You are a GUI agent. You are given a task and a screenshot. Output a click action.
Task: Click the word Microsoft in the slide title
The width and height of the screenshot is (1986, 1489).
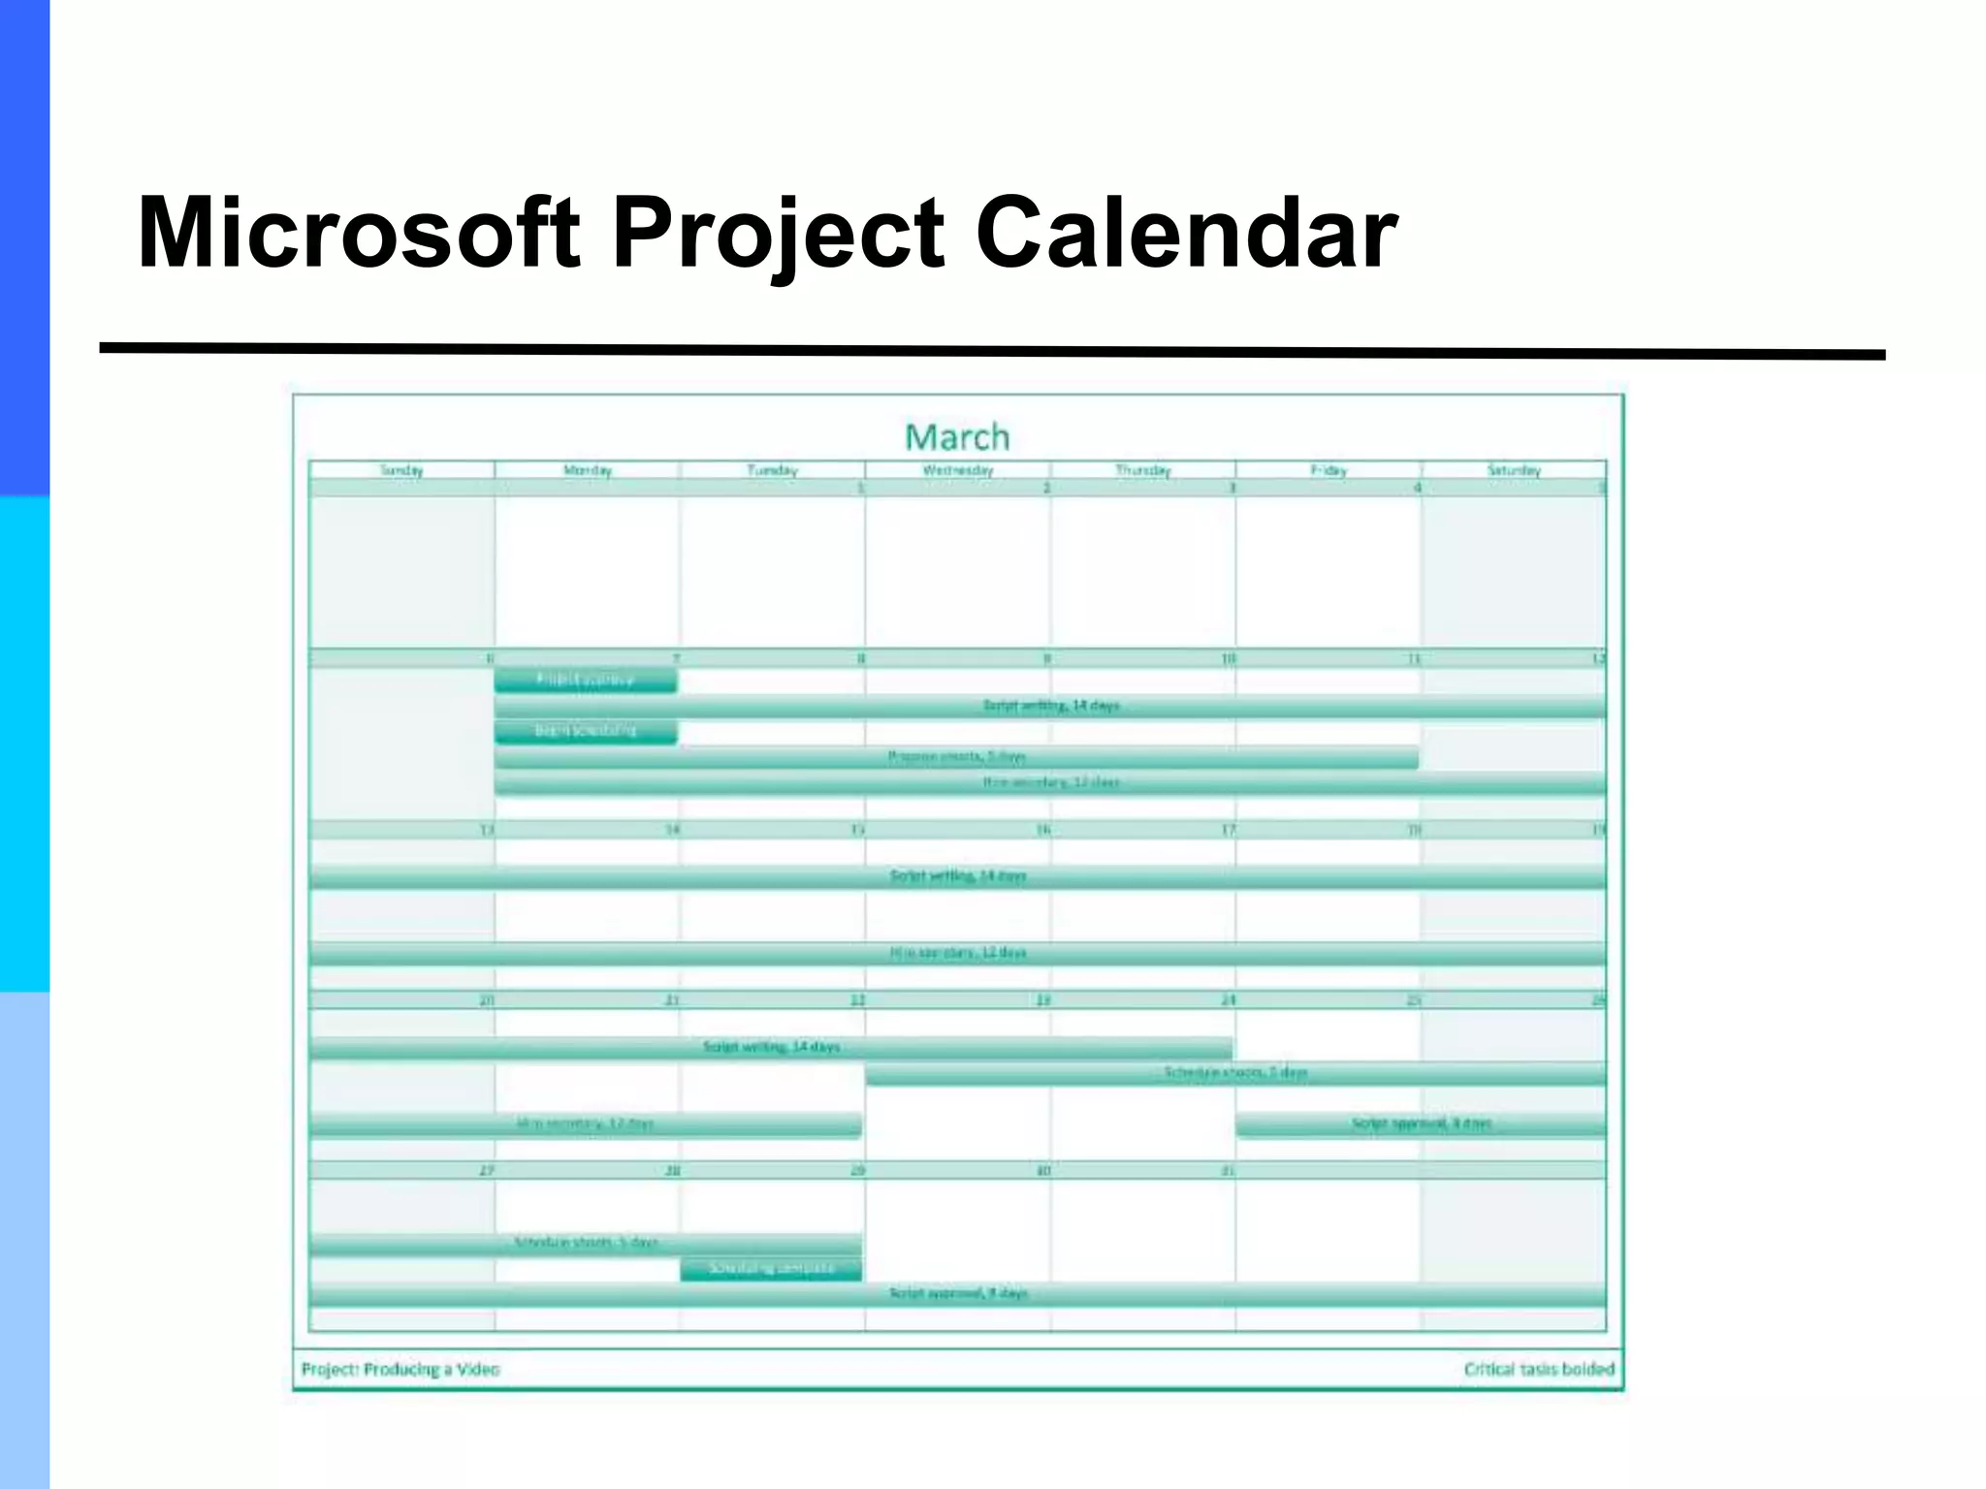tap(359, 233)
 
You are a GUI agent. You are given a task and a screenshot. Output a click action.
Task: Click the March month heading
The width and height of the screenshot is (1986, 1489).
tap(957, 437)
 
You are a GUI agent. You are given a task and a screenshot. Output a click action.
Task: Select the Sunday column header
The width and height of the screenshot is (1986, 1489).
tap(401, 470)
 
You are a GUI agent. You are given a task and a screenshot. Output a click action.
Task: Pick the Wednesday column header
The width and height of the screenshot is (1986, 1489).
tap(957, 470)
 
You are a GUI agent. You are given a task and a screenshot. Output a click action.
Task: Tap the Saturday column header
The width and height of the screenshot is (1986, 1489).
tap(1514, 470)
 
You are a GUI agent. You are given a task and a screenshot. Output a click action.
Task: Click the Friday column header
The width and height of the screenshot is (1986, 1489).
tap(1329, 470)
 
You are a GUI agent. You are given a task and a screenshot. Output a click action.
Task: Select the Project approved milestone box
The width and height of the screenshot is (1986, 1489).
tap(586, 681)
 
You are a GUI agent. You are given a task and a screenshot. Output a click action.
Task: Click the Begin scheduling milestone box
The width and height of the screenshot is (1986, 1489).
tap(586, 731)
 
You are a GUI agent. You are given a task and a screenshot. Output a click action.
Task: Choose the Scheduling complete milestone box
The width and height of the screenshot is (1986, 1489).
tap(771, 1269)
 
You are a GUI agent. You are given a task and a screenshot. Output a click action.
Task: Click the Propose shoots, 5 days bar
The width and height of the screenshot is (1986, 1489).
tap(956, 757)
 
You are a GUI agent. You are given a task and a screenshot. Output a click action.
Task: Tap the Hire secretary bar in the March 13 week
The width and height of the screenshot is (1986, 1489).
tap(957, 954)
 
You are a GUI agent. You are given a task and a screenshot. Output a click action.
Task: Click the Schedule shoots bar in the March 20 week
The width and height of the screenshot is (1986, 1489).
tap(1235, 1073)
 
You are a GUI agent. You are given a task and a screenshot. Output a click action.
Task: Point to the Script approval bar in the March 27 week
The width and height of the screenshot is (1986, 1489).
tap(957, 1294)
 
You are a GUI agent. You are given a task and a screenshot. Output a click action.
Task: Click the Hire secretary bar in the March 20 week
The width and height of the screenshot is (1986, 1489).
tap(586, 1125)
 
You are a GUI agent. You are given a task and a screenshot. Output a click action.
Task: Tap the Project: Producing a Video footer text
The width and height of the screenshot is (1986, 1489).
tap(400, 1370)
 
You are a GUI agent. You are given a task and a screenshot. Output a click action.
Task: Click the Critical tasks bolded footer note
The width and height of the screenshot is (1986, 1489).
tap(1539, 1370)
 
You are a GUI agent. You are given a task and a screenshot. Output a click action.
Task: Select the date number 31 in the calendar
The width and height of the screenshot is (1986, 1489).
tap(1228, 1171)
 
